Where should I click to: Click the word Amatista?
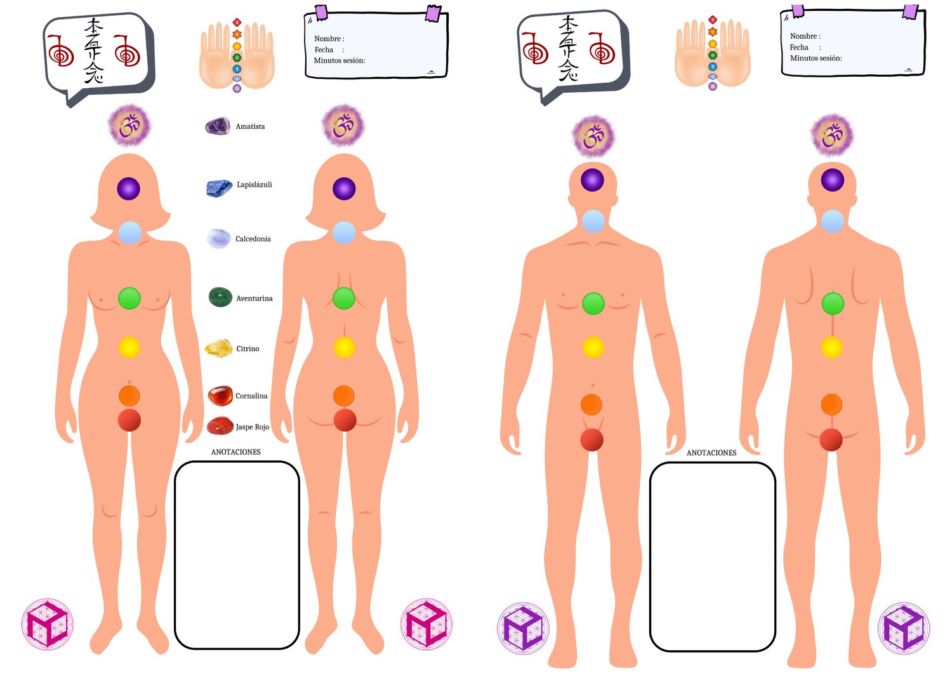point(250,126)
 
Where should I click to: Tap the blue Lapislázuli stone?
point(220,187)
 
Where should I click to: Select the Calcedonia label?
point(253,239)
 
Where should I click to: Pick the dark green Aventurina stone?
point(220,297)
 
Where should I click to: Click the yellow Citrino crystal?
point(218,348)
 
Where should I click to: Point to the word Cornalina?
point(251,396)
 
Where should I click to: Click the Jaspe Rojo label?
point(253,427)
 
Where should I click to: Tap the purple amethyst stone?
point(218,126)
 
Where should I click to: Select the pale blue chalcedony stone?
point(218,238)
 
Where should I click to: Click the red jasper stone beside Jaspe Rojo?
point(220,425)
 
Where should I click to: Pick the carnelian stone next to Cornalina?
point(220,396)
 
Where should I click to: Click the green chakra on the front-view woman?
point(129,298)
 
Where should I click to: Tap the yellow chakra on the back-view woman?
point(344,347)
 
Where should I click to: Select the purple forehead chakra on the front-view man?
point(592,180)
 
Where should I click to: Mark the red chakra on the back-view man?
point(831,439)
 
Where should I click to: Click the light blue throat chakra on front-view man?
point(593,221)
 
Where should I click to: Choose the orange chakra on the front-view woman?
point(129,396)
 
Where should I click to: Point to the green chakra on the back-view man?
point(833,303)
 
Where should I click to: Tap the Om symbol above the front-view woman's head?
point(129,126)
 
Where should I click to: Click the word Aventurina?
point(254,298)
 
